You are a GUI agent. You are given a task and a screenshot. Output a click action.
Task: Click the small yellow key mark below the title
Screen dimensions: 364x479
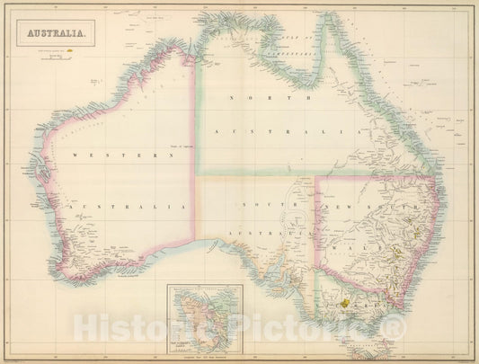[x=68, y=52]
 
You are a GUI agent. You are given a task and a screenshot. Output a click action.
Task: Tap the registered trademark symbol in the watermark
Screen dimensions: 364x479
[x=396, y=333]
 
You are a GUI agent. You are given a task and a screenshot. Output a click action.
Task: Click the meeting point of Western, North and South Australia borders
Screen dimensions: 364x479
[x=195, y=176]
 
